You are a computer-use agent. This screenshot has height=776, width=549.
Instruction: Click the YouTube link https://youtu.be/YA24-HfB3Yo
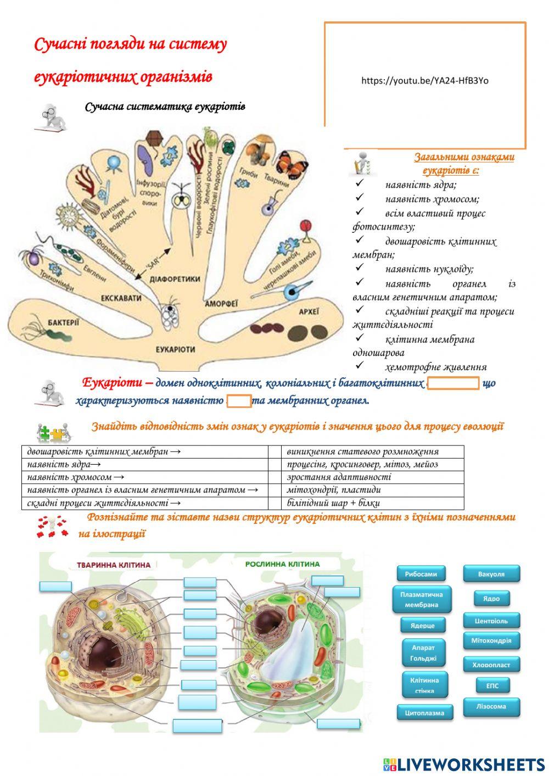point(424,81)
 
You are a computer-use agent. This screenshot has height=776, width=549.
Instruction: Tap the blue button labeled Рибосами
point(421,574)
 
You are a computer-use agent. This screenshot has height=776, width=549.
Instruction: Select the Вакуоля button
point(491,574)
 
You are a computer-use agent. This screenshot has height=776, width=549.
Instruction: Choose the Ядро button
point(491,599)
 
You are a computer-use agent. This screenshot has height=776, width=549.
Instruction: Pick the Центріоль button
point(491,621)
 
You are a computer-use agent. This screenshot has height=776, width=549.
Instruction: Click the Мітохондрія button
point(491,641)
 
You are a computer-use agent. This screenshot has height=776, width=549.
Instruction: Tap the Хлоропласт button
point(491,665)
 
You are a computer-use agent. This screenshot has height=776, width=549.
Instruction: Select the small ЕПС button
point(492,685)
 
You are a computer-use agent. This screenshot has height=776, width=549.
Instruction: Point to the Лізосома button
point(491,707)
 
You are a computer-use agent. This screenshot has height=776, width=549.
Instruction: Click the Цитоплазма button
point(421,713)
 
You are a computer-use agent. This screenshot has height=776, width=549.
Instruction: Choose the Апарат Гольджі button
point(423,653)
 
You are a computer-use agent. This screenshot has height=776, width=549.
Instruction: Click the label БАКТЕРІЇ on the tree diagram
point(63,322)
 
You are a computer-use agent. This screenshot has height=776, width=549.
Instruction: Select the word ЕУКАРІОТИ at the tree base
point(175,349)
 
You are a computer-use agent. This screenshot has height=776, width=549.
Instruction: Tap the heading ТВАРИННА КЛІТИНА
point(114,565)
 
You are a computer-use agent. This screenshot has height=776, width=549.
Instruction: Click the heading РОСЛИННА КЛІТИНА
point(282,564)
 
